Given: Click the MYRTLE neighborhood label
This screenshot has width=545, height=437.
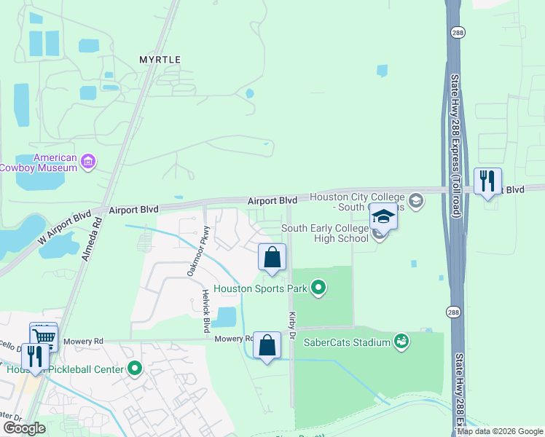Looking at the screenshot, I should click(160, 59).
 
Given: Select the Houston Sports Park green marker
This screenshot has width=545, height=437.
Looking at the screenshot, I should click(318, 289).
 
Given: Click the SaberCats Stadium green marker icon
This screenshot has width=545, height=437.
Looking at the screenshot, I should click(401, 341).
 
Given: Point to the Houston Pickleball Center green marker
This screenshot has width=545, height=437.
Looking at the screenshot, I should click(134, 369).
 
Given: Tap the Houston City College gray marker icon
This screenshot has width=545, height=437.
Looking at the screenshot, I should click(415, 200).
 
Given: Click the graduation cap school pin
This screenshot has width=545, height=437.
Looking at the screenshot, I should click(383, 216).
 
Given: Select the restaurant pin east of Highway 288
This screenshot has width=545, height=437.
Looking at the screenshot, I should click(487, 181).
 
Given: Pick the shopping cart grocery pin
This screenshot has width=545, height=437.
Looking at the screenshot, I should click(44, 336).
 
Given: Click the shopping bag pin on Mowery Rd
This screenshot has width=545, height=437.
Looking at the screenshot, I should click(267, 345).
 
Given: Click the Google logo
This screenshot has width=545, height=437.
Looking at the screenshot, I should click(24, 428).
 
